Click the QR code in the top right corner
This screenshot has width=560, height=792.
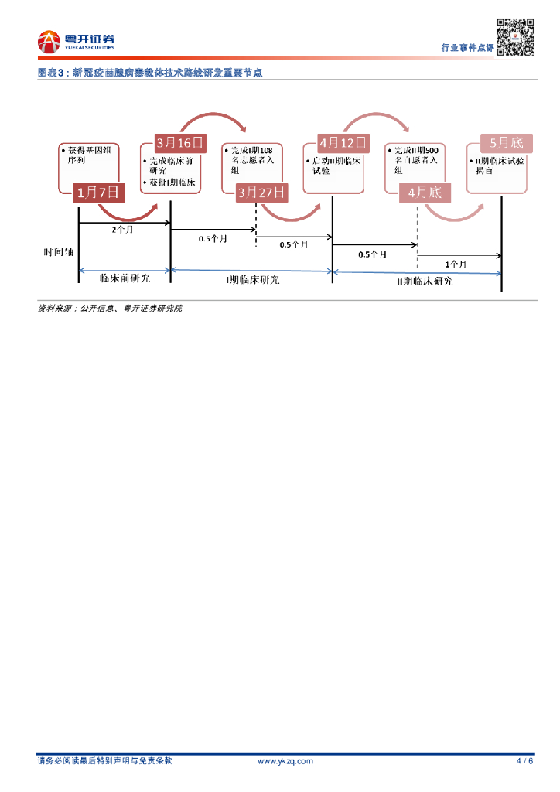click(515, 37)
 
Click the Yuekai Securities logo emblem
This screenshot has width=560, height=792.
click(49, 42)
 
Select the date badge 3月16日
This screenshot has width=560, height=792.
click(180, 143)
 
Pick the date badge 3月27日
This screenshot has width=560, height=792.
click(261, 193)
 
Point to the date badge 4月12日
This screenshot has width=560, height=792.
click(343, 143)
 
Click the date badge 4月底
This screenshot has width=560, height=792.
click(425, 193)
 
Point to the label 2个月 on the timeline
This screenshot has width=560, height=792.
click(123, 230)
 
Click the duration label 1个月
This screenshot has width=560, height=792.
click(456, 264)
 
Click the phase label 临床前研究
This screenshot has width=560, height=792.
click(125, 277)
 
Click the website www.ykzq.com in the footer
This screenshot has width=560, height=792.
click(285, 761)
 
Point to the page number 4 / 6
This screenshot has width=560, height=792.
click(524, 761)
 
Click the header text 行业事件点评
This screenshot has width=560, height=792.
click(467, 48)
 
